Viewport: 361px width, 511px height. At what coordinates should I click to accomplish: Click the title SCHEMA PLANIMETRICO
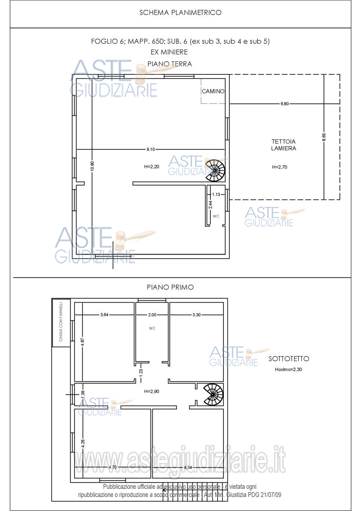click(180, 13)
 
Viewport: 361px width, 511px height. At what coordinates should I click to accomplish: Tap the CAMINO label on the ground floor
click(213, 91)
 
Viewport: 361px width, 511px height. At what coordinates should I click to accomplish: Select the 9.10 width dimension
click(151, 149)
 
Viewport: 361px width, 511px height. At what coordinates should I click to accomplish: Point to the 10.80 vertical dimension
click(92, 166)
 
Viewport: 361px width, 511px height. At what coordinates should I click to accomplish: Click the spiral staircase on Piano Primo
click(213, 395)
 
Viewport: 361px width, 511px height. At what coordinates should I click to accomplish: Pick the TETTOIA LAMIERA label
click(283, 145)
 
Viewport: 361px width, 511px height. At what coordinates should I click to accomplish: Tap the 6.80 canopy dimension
click(284, 104)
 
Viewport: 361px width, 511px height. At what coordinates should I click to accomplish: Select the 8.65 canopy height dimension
click(324, 137)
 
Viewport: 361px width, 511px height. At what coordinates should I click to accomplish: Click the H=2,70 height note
click(279, 167)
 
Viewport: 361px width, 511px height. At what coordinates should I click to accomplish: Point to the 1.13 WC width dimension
click(216, 195)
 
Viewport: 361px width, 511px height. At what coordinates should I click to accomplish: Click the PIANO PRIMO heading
click(170, 288)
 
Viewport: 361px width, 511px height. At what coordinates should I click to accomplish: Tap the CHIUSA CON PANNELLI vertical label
click(61, 322)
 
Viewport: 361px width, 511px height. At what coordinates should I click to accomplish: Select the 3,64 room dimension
click(104, 315)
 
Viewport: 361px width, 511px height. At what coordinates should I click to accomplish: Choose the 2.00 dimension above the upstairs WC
click(152, 315)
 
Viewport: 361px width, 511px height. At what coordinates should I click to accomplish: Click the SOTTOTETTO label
click(289, 359)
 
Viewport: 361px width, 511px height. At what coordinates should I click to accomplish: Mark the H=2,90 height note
click(152, 391)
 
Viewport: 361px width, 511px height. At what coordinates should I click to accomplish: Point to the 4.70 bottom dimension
click(112, 467)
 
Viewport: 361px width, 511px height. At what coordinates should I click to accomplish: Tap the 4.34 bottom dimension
click(188, 467)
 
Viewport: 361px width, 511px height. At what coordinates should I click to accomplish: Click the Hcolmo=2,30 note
click(288, 370)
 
